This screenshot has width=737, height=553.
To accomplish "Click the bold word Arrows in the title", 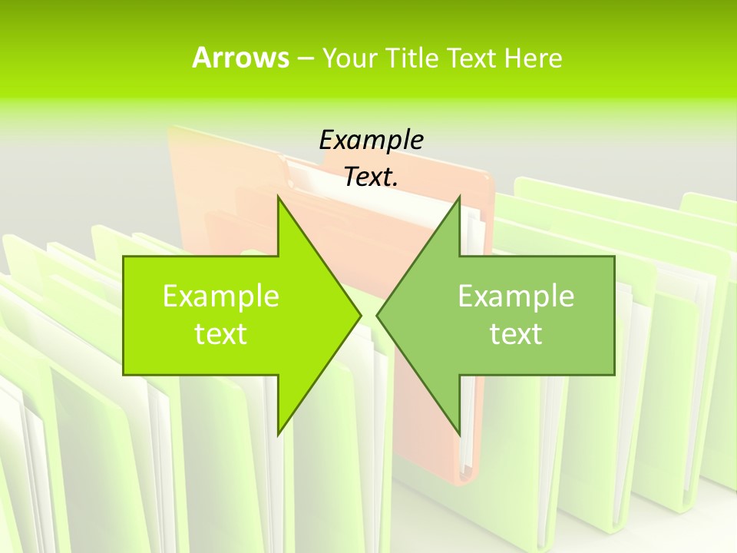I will (240, 58).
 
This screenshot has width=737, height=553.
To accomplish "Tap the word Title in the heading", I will (411, 58).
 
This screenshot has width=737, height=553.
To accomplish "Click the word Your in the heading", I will (349, 58).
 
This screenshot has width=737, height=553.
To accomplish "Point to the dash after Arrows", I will (304, 58).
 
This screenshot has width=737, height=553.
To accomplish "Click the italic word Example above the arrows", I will (371, 140).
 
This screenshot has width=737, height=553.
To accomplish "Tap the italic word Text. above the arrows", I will (371, 177).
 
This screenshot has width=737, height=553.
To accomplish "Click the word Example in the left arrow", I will (221, 296).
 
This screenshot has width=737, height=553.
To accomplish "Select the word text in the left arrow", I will (221, 333).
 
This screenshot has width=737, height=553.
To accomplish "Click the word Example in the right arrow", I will (516, 296).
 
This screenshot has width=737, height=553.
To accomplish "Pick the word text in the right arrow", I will (516, 333).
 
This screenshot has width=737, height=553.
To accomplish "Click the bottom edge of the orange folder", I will (464, 479).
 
